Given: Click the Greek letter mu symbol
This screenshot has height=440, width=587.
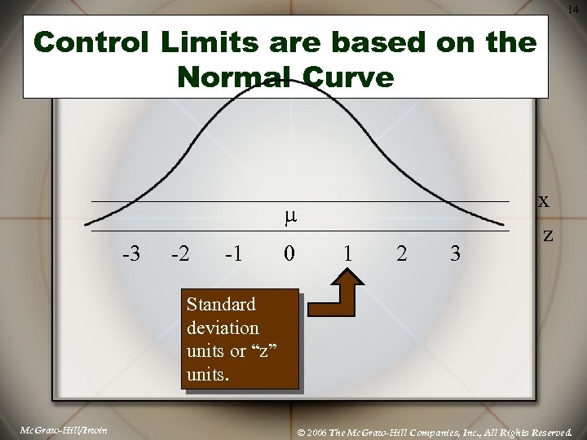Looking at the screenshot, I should [x=289, y=217].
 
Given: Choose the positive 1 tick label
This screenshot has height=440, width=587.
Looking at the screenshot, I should [x=348, y=253].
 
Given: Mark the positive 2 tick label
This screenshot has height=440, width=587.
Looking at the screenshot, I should [x=401, y=253].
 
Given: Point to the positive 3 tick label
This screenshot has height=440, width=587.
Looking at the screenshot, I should [x=455, y=253].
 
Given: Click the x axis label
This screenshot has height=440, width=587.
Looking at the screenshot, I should [x=543, y=200].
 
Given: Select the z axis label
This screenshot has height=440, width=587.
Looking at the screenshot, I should [x=548, y=235].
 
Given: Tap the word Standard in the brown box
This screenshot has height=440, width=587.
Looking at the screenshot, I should [x=220, y=304].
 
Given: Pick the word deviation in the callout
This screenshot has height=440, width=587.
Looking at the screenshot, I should [x=223, y=328].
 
